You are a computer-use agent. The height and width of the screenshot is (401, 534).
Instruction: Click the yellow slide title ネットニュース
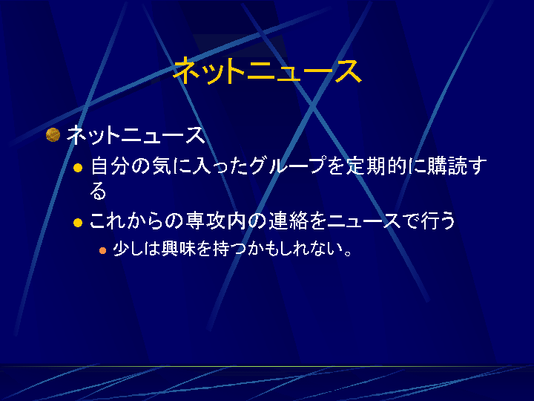click(267, 71)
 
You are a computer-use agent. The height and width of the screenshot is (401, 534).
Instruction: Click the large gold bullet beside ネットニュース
click(53, 134)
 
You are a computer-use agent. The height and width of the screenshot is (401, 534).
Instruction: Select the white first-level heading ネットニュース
click(136, 135)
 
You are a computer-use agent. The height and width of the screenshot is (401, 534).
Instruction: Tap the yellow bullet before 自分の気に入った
click(78, 168)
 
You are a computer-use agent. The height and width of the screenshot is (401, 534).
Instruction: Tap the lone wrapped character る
click(98, 191)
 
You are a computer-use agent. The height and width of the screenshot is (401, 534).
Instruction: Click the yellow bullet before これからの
click(78, 223)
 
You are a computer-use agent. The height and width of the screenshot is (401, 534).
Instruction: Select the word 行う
click(438, 221)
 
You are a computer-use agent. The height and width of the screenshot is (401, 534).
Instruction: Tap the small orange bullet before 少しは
click(102, 251)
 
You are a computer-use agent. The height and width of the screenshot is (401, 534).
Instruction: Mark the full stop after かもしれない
click(348, 253)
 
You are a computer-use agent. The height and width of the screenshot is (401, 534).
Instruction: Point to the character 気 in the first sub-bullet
click(162, 166)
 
